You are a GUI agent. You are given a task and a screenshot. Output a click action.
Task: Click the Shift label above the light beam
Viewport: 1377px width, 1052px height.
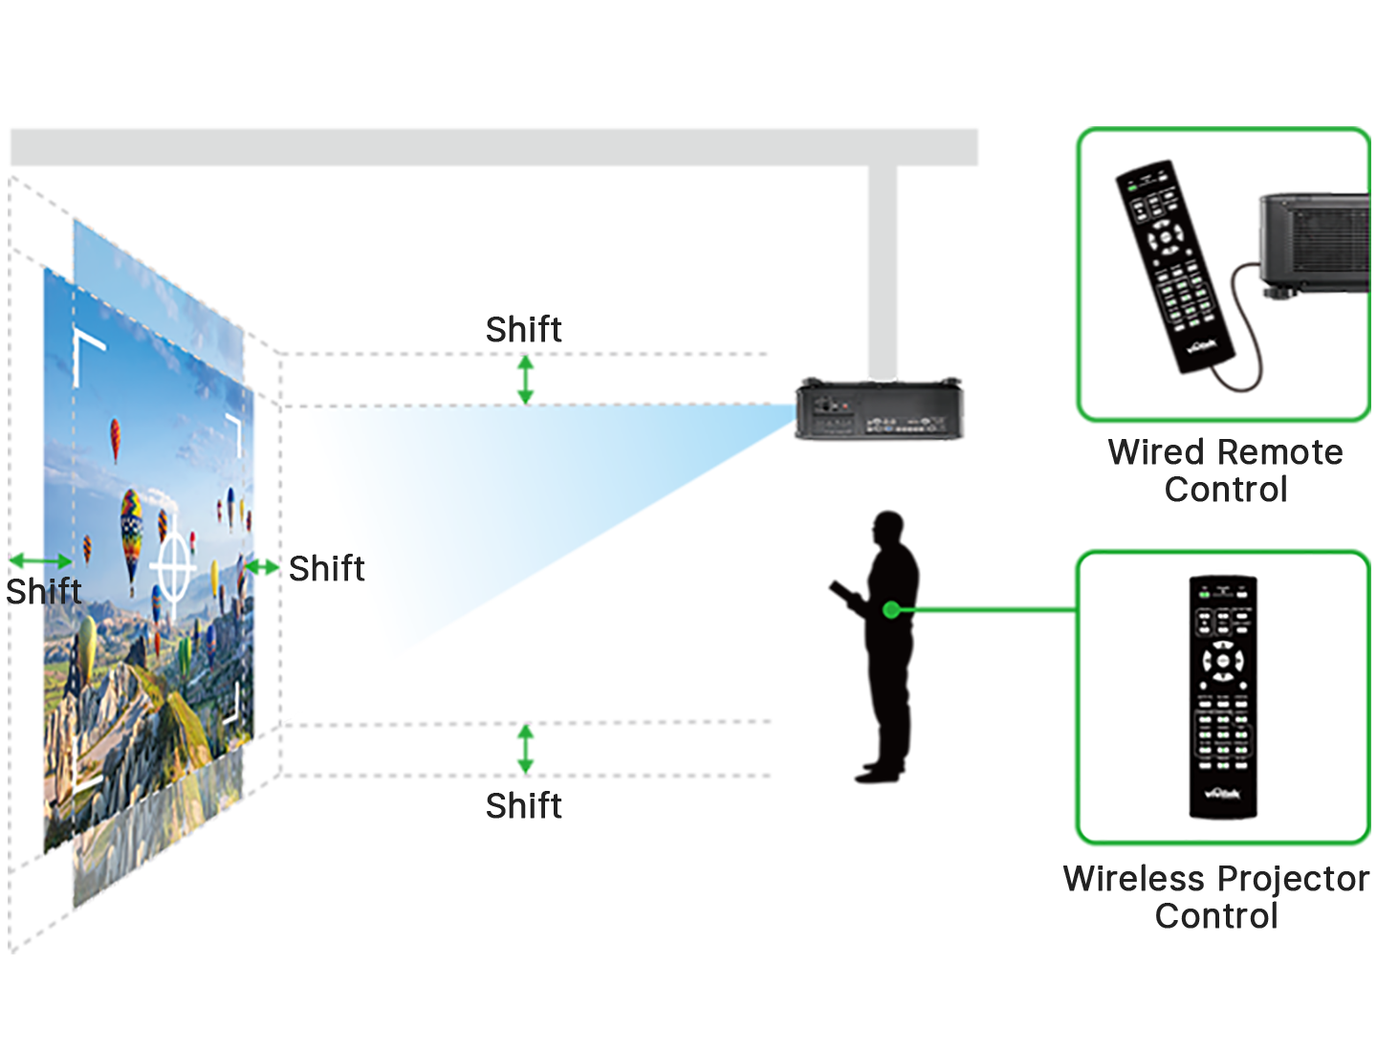pos(523,330)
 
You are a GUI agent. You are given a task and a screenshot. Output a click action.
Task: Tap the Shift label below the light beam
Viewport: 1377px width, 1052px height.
pos(523,806)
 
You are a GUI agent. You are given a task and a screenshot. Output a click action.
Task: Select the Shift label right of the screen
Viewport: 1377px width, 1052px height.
pos(326,569)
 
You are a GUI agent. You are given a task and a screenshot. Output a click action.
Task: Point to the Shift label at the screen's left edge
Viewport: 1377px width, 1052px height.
pos(43,592)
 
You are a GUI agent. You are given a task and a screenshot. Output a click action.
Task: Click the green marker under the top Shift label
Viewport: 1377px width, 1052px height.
pos(525,379)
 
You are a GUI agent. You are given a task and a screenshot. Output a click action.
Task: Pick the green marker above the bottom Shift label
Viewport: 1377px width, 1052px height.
pos(526,748)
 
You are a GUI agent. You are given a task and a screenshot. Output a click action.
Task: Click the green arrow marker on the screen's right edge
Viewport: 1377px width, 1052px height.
pos(260,567)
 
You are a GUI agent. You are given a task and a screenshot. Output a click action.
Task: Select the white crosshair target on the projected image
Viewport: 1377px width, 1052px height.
pos(173,565)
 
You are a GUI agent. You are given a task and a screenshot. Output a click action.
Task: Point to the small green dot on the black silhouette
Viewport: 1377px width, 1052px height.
pos(891,609)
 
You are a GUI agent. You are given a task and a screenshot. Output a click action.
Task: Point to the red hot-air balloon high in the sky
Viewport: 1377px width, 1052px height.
pos(116,437)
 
